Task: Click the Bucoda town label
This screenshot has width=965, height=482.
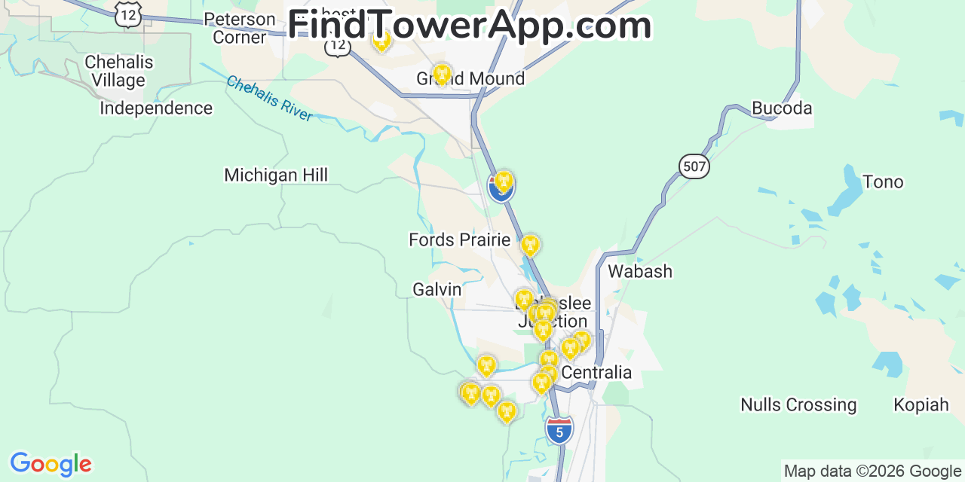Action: click(782, 108)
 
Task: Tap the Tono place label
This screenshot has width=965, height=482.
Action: click(882, 182)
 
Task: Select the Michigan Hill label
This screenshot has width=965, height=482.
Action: click(276, 175)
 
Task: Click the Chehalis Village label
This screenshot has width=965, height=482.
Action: click(119, 71)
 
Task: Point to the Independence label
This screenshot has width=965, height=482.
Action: click(156, 108)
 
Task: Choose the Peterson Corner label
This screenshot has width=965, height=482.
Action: click(240, 28)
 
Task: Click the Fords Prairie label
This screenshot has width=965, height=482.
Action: click(459, 240)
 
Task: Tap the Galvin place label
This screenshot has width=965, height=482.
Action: click(437, 289)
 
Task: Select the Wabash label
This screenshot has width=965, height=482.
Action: click(640, 271)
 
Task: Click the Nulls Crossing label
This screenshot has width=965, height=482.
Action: click(798, 405)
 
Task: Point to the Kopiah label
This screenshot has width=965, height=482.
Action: click(921, 405)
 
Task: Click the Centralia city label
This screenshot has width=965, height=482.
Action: click(596, 373)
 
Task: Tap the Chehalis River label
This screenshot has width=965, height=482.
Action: click(269, 98)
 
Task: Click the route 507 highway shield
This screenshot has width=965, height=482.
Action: click(694, 166)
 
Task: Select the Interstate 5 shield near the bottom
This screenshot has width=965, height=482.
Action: click(559, 431)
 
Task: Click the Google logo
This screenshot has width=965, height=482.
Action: click(50, 464)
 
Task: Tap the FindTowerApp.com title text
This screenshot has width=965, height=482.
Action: click(469, 26)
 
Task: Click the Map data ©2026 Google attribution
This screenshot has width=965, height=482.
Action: click(873, 471)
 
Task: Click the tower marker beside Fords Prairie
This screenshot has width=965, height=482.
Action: click(530, 244)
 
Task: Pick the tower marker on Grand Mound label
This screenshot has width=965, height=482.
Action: click(442, 74)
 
